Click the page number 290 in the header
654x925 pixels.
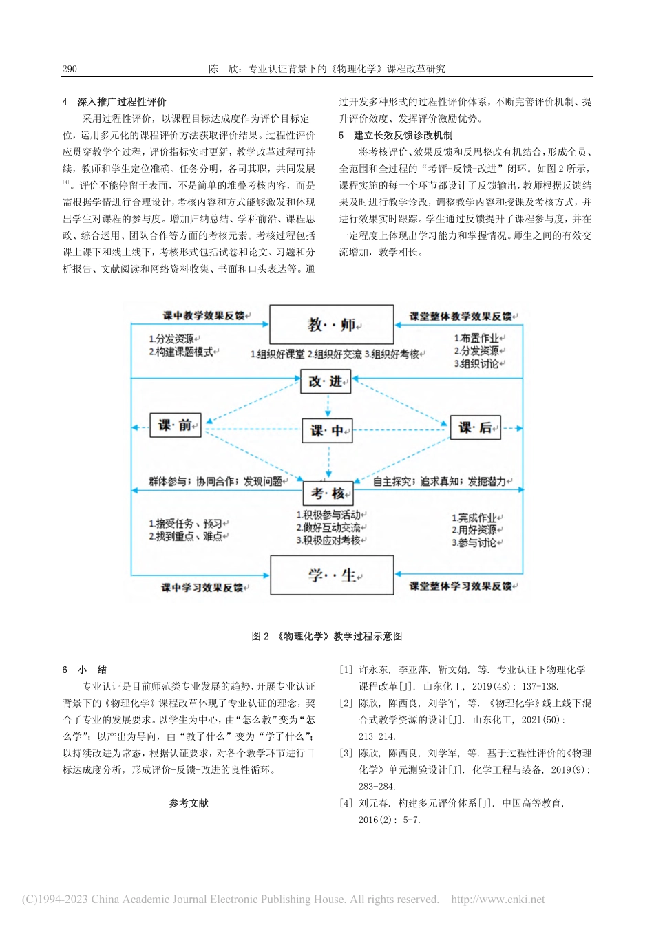pyautogui.click(x=70, y=69)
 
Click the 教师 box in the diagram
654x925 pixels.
pyautogui.click(x=331, y=324)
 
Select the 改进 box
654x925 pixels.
pyautogui.click(x=326, y=381)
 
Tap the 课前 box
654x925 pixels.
pyautogui.click(x=175, y=425)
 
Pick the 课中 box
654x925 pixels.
pyautogui.click(x=327, y=431)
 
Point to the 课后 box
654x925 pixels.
pyautogui.click(x=475, y=427)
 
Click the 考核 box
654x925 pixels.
pyautogui.click(x=328, y=493)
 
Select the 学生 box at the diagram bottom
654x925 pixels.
pyautogui.click(x=331, y=575)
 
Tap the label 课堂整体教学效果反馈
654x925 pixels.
pyautogui.click(x=461, y=317)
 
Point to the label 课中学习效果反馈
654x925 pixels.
pyautogui.click(x=203, y=588)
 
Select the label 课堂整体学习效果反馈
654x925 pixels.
pyautogui.click(x=461, y=586)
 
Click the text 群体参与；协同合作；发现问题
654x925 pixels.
pyautogui.click(x=216, y=482)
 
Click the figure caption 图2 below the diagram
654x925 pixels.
pyautogui.click(x=327, y=636)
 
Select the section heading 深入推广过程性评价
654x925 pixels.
pyautogui.click(x=121, y=102)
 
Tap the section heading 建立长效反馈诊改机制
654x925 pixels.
pyautogui.click(x=403, y=135)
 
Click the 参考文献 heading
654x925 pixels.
pyautogui.click(x=189, y=803)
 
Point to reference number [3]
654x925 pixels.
pyautogui.click(x=346, y=753)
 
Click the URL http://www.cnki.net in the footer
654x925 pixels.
pyautogui.click(x=497, y=899)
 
